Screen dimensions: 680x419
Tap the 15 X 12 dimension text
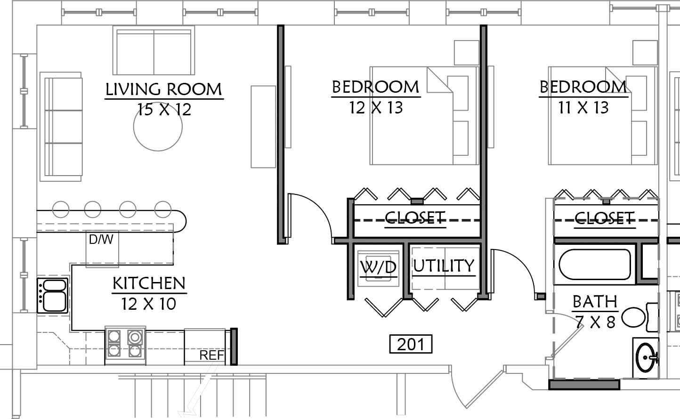(x=164, y=110)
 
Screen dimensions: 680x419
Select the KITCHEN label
(x=149, y=283)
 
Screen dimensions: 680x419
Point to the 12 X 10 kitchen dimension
(x=149, y=304)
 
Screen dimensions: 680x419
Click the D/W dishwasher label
(x=101, y=240)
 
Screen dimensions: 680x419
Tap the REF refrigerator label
(x=211, y=355)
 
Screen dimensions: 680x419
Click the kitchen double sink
(x=53, y=295)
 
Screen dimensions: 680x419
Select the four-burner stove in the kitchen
(x=125, y=345)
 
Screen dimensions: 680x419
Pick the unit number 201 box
(x=411, y=344)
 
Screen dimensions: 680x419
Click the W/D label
(x=379, y=267)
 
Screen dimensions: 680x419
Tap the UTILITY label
(x=444, y=266)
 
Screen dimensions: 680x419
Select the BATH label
(x=595, y=302)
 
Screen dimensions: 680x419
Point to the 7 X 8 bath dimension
(x=595, y=322)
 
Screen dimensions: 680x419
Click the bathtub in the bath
(x=595, y=264)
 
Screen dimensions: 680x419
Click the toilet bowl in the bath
(x=633, y=317)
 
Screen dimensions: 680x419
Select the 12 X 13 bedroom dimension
(x=376, y=108)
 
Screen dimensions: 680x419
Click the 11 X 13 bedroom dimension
(x=583, y=108)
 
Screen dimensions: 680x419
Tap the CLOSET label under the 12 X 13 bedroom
(x=415, y=218)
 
